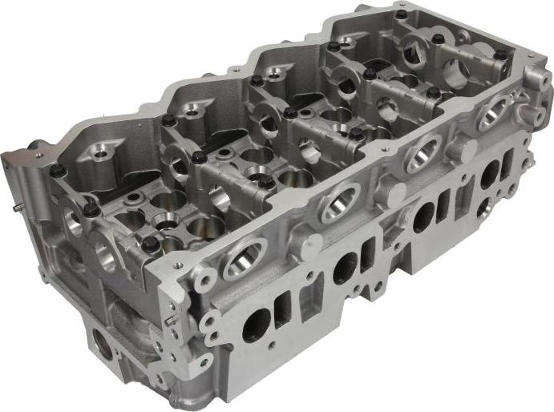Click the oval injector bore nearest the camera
(x=243, y=258)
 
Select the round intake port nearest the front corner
(x=256, y=324)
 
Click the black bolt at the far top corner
(x=401, y=14)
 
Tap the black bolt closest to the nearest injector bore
(x=151, y=244)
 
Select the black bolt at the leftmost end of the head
(x=56, y=170)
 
